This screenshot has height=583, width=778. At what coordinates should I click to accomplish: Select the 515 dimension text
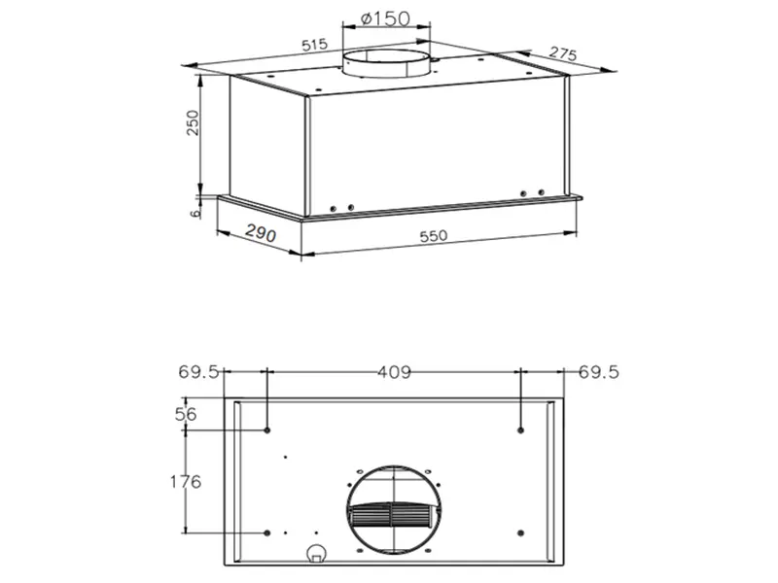point(313,46)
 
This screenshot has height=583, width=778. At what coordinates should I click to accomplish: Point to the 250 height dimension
point(194,123)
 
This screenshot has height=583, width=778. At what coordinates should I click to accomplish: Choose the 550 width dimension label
point(442,236)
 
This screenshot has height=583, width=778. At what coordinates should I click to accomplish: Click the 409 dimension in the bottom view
point(395,371)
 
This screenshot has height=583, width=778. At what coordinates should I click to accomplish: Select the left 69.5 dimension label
point(199,371)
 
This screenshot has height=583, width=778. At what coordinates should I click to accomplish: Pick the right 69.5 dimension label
point(598,371)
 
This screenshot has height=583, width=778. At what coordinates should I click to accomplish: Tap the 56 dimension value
point(186,414)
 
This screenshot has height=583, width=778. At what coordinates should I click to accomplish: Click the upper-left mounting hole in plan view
point(267,429)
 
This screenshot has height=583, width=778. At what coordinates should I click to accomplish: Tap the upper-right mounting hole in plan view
point(522,429)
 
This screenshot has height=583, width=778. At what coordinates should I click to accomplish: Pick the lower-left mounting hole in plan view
point(267,532)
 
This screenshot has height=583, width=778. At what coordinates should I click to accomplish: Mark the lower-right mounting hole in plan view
point(522,532)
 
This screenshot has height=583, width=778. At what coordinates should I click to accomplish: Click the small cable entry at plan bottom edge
point(316,555)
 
